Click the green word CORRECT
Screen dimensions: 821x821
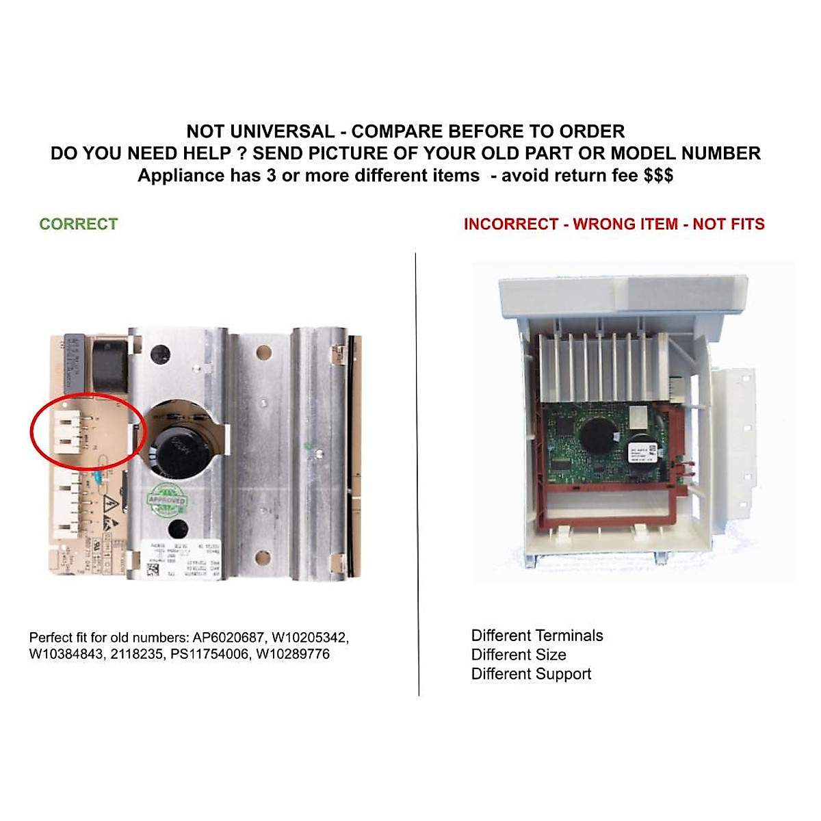(x=78, y=224)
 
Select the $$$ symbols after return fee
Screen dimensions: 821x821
(x=658, y=176)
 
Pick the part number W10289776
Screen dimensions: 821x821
(x=293, y=654)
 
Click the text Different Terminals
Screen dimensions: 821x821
(x=537, y=636)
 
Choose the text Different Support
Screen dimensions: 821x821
(x=531, y=674)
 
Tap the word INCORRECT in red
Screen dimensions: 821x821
(x=511, y=224)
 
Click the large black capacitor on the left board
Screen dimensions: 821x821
(x=179, y=449)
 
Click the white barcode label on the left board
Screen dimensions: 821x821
(x=171, y=560)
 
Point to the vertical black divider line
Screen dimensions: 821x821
(x=417, y=472)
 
